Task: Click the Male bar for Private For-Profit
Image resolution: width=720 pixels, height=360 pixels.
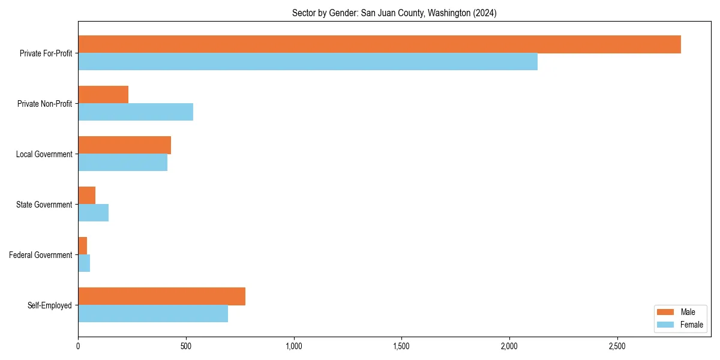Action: coord(379,44)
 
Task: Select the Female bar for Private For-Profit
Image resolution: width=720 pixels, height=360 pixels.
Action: coord(308,62)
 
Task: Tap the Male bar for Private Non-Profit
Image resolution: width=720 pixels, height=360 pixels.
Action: coord(103,95)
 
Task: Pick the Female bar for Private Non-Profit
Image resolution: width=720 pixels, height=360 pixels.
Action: coord(136,112)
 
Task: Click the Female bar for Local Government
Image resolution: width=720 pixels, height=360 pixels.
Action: coord(122,163)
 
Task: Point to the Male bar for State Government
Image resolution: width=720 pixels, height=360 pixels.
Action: coord(86,196)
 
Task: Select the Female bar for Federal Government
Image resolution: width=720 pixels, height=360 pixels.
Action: coord(84,263)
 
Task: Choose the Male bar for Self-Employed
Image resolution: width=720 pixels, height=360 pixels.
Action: coord(161,296)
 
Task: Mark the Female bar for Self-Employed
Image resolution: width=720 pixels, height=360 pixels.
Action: coord(153,314)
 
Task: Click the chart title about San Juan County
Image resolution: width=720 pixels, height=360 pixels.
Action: coord(394,13)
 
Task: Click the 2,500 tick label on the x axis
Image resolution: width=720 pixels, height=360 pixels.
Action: coord(617,347)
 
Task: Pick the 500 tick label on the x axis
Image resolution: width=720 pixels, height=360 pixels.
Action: coord(186,347)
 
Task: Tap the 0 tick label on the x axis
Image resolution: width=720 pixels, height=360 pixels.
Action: coord(78,347)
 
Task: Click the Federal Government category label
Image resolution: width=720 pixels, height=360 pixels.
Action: coord(41,255)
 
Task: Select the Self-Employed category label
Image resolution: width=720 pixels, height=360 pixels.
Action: coord(50,305)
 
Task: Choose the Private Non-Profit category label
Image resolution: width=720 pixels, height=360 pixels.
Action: coord(44,104)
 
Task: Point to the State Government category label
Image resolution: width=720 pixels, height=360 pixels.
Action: coord(44,205)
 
